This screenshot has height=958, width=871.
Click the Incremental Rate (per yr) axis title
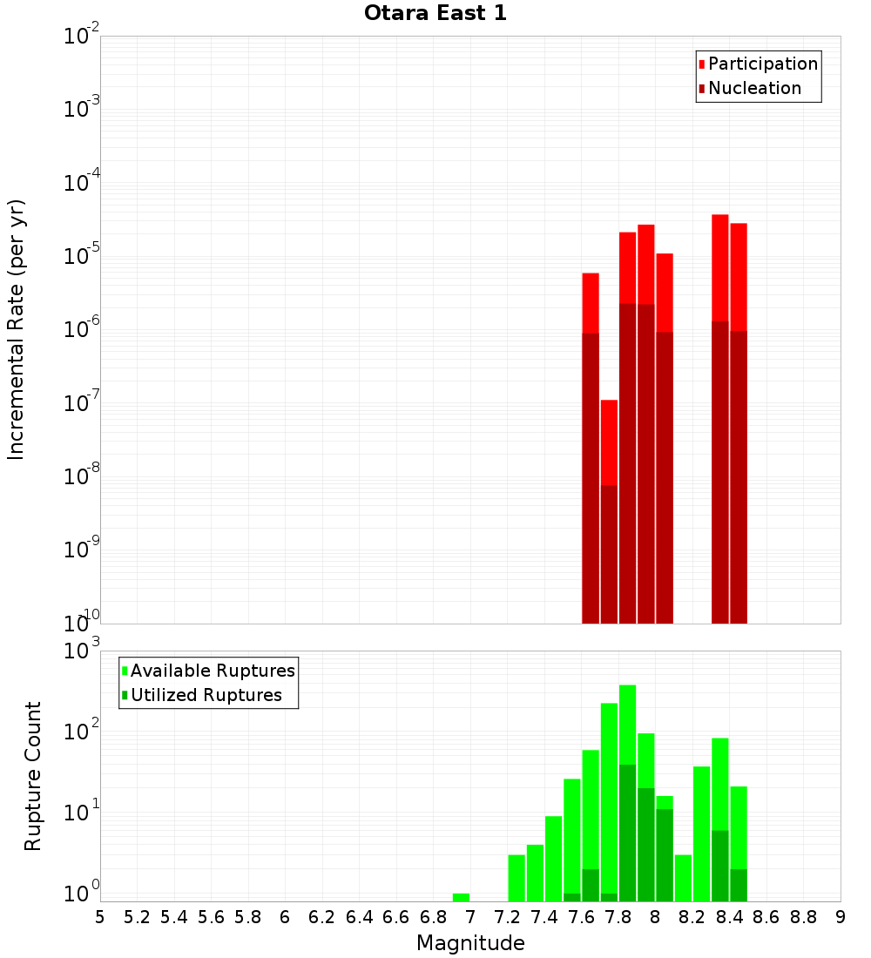(x=17, y=329)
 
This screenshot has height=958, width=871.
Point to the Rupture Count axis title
(x=33, y=776)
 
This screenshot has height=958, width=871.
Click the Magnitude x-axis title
(x=470, y=943)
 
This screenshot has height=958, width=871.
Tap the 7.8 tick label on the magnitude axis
(x=618, y=917)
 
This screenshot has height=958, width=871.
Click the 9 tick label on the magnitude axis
(x=841, y=917)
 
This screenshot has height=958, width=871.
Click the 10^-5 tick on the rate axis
(x=82, y=256)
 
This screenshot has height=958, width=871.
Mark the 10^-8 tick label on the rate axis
(x=82, y=476)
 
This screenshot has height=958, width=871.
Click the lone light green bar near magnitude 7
(x=461, y=897)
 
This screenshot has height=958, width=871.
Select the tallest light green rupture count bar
(x=627, y=723)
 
